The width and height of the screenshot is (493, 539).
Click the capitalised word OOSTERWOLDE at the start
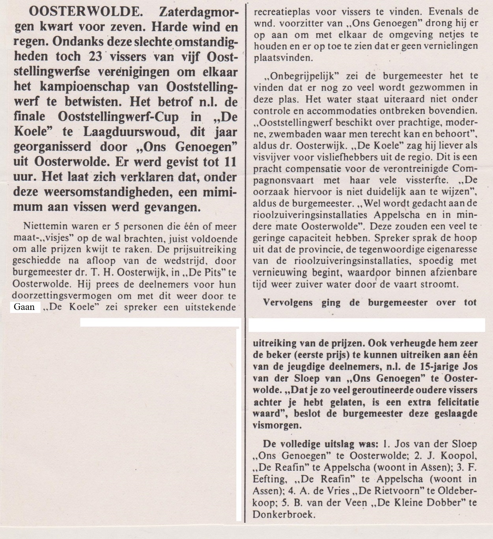coord(86,12)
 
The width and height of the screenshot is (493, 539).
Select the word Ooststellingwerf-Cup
coord(118,117)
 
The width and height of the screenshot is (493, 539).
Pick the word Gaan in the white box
coord(24,307)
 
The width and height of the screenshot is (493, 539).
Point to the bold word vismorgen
coord(277,425)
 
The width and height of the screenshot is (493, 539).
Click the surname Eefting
coord(269,479)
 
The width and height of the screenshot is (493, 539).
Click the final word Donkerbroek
coord(284,515)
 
